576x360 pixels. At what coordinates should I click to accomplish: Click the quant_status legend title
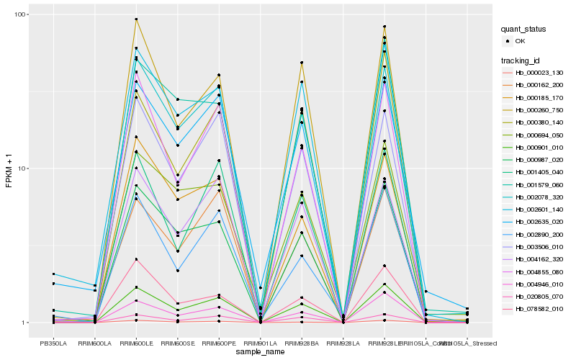(523, 29)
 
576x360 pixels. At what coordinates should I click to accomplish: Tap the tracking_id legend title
(521, 60)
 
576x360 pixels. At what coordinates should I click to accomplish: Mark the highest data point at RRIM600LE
(136, 19)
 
